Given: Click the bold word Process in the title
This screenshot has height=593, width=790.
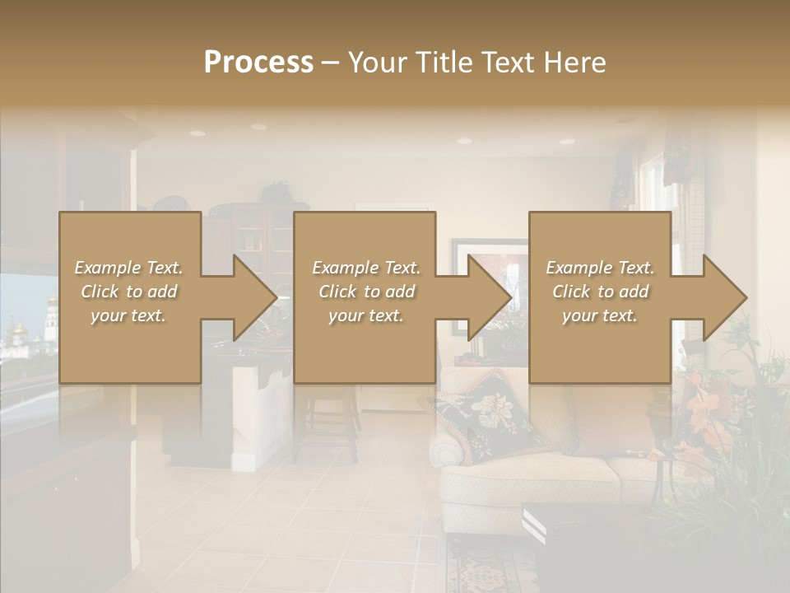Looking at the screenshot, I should (x=258, y=62).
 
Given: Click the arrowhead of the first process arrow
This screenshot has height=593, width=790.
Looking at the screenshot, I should (x=255, y=297).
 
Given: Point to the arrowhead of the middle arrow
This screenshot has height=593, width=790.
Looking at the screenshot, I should (x=490, y=297).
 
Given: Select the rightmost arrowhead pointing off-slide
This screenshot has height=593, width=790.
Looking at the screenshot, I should (x=725, y=297).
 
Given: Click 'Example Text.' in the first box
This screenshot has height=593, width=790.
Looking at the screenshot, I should (x=128, y=268).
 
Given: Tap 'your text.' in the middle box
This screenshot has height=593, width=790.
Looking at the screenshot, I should (x=365, y=315).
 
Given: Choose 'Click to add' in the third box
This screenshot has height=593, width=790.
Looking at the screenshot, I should (x=600, y=292).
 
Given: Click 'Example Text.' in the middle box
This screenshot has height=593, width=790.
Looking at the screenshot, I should (x=365, y=268).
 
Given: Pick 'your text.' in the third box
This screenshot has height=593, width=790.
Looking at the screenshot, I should (x=600, y=315).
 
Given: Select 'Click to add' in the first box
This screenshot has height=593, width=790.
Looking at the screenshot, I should (x=128, y=292).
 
